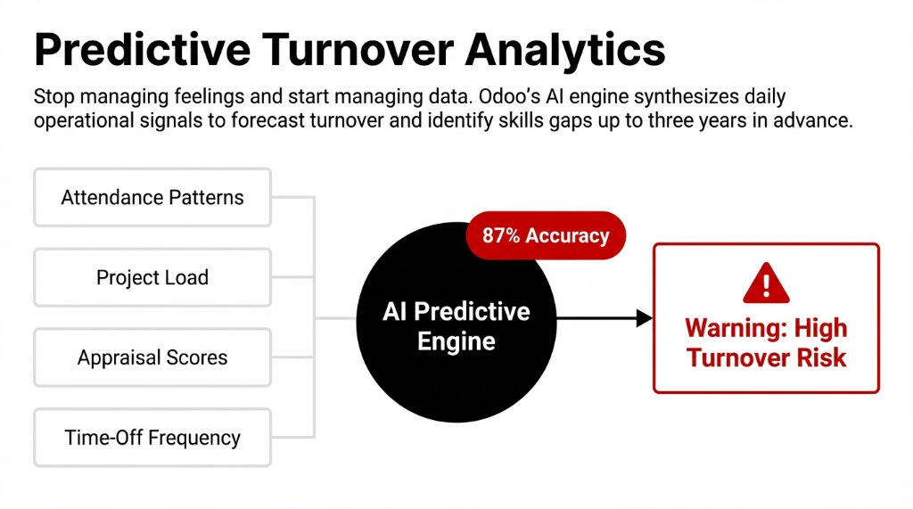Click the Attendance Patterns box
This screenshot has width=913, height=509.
[152, 197]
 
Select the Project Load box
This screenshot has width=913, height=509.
[152, 277]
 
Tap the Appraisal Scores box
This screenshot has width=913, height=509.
[152, 357]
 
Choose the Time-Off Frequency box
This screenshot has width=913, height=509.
[152, 438]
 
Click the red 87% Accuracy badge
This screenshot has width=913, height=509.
[545, 235]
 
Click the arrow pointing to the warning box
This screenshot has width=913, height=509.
[606, 317]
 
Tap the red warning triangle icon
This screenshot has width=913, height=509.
[766, 284]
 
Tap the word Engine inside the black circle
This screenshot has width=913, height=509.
[456, 341]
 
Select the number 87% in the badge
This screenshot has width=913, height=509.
[501, 235]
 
